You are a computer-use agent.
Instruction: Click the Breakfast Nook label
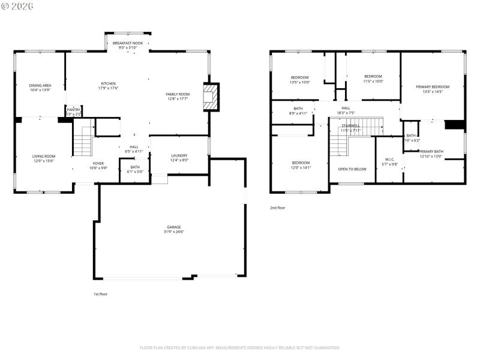[x=128, y=44]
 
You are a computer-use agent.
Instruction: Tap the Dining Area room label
[x=40, y=86]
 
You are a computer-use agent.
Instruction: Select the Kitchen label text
[x=108, y=83]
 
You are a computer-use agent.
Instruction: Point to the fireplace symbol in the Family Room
[x=211, y=97]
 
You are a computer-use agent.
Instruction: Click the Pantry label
[x=73, y=110]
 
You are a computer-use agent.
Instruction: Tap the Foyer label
[x=98, y=163]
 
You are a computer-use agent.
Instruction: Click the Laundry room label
[x=179, y=155]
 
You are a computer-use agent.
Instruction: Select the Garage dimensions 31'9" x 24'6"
[x=175, y=232]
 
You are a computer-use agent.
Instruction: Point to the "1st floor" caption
[x=100, y=294]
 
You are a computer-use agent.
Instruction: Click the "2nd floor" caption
[x=277, y=208]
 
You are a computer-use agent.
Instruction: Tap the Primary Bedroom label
[x=432, y=87]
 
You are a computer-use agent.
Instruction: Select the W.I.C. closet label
[x=391, y=160]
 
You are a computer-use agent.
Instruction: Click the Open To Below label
[x=352, y=169]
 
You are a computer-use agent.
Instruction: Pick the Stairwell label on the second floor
[x=350, y=125]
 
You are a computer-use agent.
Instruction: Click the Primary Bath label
[x=431, y=151]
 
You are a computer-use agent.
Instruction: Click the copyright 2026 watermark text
[x=17, y=6]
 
